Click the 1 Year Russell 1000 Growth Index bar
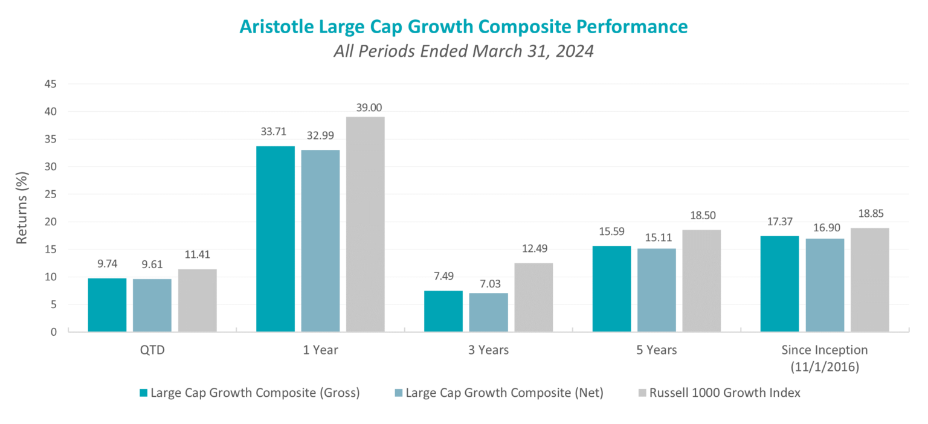(x=366, y=224)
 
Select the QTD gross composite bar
(x=107, y=305)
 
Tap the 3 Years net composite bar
(x=488, y=312)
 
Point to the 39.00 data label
(x=366, y=108)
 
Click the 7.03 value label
(x=488, y=283)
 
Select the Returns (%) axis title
(x=22, y=208)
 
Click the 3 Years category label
(x=488, y=350)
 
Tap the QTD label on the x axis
(x=152, y=350)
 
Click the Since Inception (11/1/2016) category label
(x=824, y=358)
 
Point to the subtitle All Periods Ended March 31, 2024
(x=463, y=51)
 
